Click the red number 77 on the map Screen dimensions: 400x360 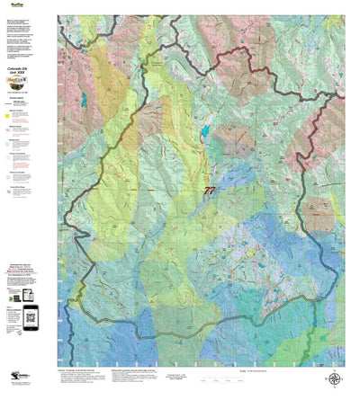[x=210, y=191]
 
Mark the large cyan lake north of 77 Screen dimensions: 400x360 [x=205, y=131]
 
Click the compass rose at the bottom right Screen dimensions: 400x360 [x=335, y=379]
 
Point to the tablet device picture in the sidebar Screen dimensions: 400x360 [x=27, y=295]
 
